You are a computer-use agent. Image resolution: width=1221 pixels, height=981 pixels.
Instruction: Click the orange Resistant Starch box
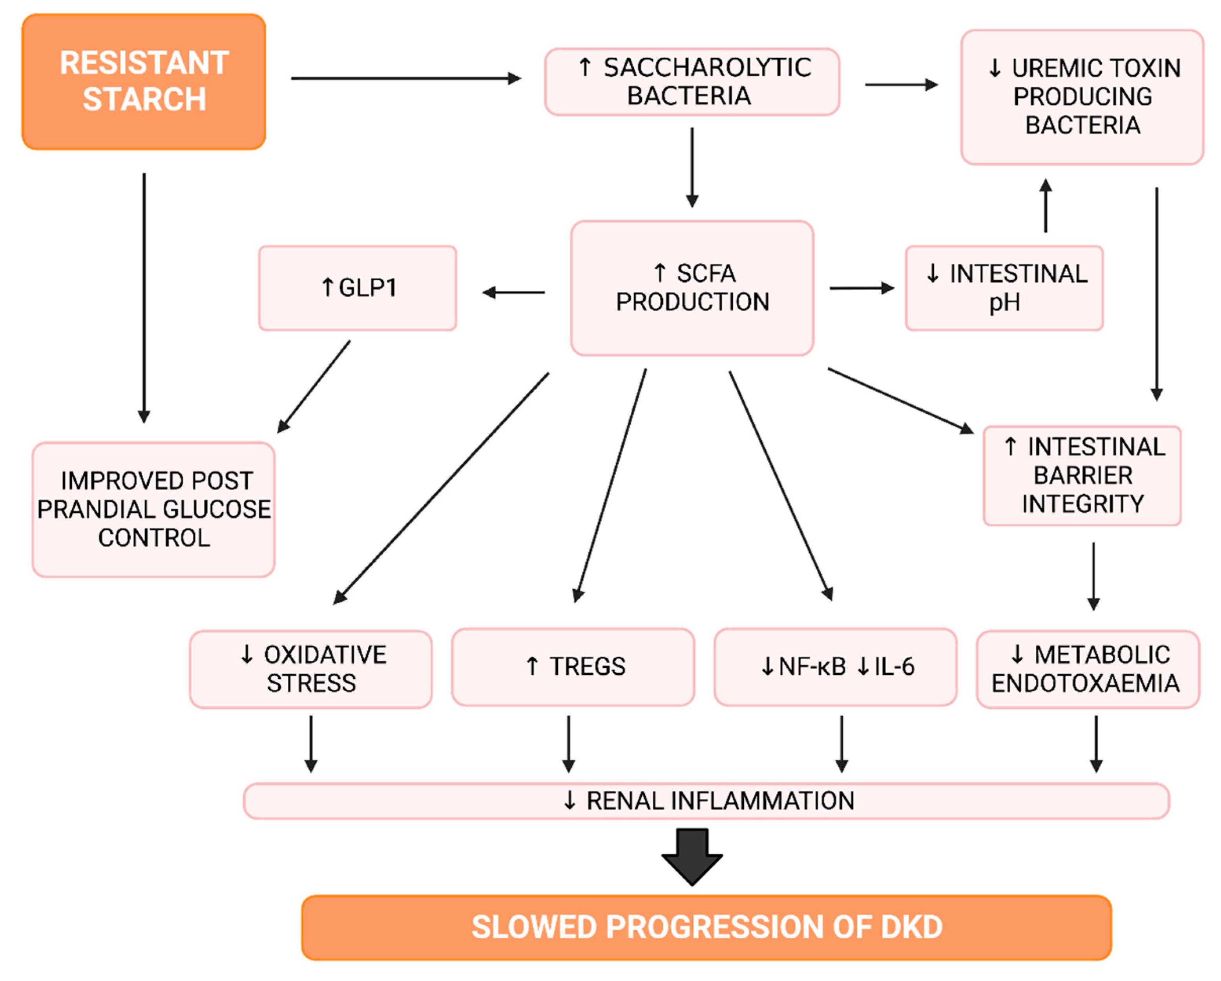(144, 82)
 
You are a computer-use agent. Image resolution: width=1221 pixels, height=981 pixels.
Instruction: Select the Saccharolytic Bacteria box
(692, 82)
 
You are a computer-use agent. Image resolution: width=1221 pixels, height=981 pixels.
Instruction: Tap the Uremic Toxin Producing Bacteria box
(1082, 97)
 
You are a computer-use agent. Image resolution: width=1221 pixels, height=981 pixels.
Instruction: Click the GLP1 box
(358, 288)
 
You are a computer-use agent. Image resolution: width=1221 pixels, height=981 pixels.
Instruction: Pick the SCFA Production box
(692, 288)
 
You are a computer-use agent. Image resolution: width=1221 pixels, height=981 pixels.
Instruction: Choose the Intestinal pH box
(1004, 288)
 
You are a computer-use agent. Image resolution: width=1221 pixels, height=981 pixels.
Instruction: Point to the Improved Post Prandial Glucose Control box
(153, 509)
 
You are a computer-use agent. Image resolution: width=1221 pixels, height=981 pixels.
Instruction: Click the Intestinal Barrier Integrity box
(1082, 475)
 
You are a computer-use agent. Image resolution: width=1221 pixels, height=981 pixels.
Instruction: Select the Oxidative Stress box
(311, 669)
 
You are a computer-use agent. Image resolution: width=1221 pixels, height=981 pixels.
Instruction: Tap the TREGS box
(573, 667)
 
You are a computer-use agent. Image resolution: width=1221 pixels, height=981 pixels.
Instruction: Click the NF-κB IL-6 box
(835, 667)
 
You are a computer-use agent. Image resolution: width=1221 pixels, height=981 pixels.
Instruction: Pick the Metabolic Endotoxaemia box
(1087, 669)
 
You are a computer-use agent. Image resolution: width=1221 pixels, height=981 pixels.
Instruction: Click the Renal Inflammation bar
(706, 801)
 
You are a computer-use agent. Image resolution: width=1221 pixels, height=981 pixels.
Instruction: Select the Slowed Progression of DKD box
(706, 927)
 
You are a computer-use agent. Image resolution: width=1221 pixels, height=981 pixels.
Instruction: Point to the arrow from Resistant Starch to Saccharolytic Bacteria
(405, 78)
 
